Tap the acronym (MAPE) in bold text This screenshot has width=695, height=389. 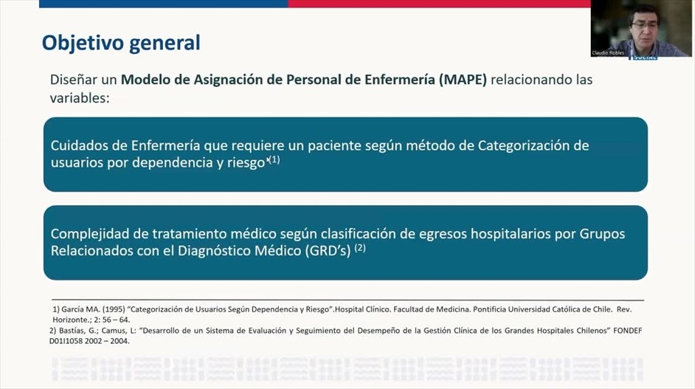[x=463, y=80]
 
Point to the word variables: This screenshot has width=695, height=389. [x=80, y=97]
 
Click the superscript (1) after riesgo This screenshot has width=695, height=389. [x=274, y=159]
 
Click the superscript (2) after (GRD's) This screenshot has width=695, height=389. [x=360, y=248]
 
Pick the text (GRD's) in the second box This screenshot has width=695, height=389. [x=328, y=251]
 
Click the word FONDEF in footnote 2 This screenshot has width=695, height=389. [x=628, y=331]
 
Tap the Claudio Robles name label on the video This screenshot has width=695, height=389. [x=608, y=53]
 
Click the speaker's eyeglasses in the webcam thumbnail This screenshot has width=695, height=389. [x=645, y=26]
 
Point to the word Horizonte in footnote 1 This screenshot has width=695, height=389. [x=70, y=320]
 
